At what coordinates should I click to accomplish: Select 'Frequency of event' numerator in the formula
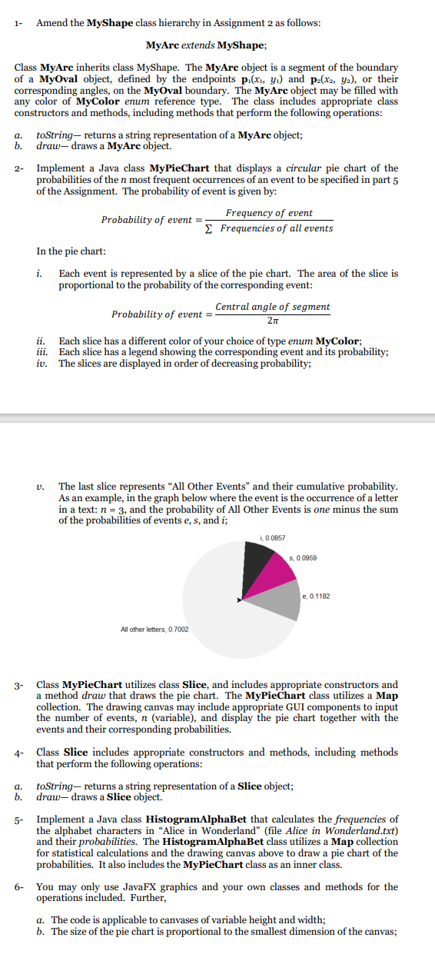(x=269, y=212)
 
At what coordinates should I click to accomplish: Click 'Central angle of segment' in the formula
(x=273, y=307)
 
